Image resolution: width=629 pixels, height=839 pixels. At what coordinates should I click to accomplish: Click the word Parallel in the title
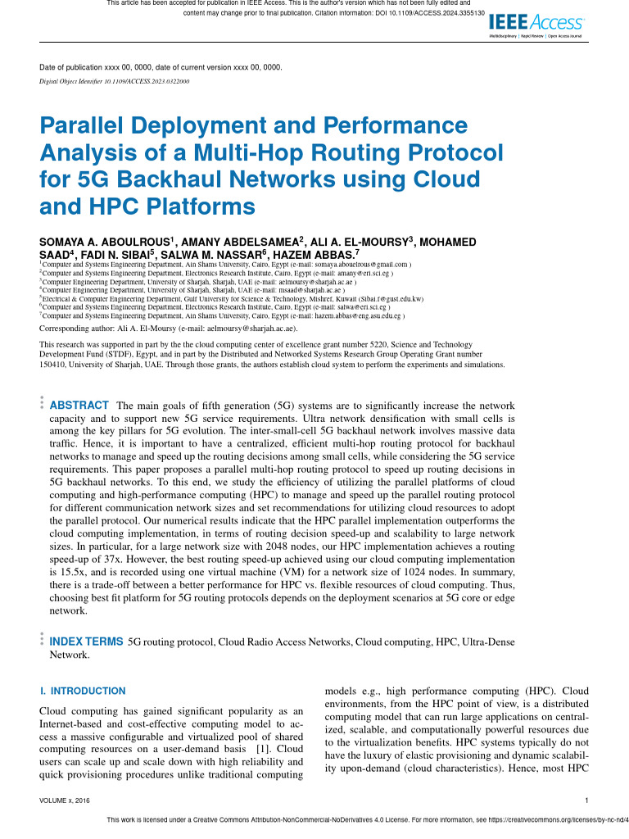tap(88, 126)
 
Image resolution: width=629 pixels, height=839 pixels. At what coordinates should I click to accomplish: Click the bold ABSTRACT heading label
tap(79, 406)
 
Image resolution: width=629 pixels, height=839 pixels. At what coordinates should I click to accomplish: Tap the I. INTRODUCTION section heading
tap(83, 691)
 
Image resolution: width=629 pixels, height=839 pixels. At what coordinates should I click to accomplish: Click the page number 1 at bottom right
tap(588, 800)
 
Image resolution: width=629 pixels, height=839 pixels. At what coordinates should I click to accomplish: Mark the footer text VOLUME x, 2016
tap(65, 800)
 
